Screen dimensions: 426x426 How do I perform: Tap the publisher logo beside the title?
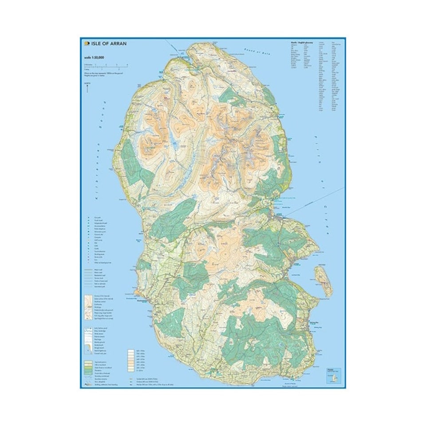(x=86, y=43)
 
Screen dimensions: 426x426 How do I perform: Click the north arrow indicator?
(x=87, y=87)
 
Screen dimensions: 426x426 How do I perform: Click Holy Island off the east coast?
(x=323, y=281)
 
